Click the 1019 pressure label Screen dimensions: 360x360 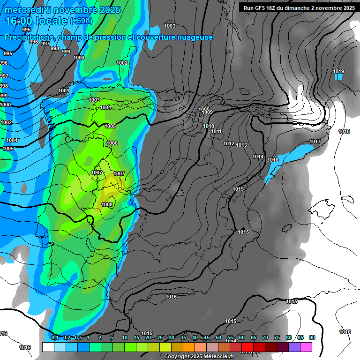[x=338, y=71]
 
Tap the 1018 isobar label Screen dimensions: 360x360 [x=344, y=132]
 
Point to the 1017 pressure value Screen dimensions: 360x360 [x=315, y=142]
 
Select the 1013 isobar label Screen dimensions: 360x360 [x=241, y=145]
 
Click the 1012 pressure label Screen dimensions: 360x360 [x=229, y=143]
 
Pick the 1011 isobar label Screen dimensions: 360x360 [x=216, y=132]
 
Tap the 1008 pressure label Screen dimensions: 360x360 [x=107, y=204]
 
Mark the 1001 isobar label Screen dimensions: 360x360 [x=64, y=90]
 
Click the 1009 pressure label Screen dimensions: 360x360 [x=207, y=112]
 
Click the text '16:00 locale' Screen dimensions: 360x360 [x=36, y=21]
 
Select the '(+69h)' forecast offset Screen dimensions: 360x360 [x=81, y=21]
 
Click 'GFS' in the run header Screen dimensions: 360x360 [x=262, y=7]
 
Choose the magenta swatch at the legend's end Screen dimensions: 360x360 [x=306, y=347]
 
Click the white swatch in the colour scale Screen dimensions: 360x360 [x=48, y=347]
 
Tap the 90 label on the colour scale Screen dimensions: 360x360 [x=312, y=337]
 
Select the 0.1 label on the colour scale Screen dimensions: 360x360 [x=55, y=337]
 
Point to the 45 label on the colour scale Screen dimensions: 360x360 [x=207, y=337]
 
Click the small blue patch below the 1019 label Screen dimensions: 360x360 [x=339, y=77]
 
